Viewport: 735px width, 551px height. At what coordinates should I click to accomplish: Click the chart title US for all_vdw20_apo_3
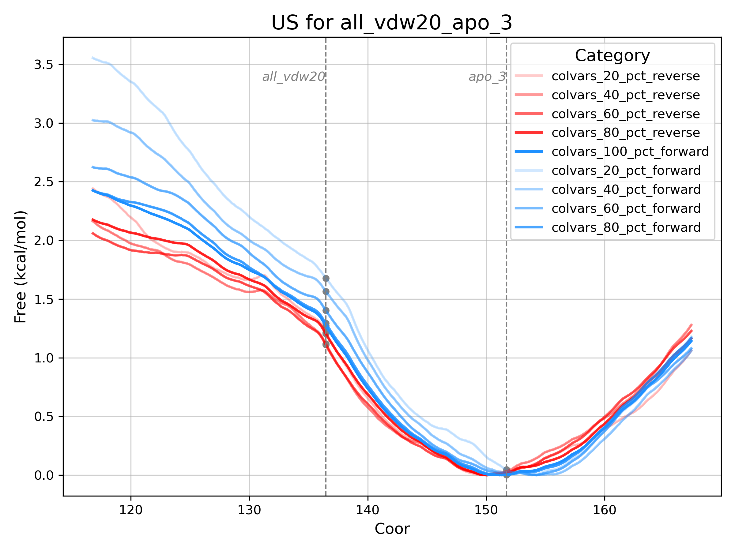[392, 23]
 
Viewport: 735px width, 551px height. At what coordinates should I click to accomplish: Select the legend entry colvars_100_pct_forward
[630, 152]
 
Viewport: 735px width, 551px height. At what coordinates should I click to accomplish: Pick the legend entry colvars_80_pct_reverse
[625, 133]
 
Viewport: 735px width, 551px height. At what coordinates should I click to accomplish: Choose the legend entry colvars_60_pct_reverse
[625, 114]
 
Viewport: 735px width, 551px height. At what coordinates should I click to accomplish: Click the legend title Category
[612, 55]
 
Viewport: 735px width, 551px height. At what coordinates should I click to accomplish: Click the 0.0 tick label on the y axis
[44, 475]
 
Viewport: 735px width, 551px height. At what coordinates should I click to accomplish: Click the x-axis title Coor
[392, 529]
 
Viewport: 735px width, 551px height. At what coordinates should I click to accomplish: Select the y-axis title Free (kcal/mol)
[20, 267]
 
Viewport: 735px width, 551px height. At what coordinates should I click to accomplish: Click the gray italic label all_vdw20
[293, 77]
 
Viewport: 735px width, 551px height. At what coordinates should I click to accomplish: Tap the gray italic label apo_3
[487, 77]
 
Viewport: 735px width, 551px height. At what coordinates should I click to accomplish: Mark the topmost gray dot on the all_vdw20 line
[326, 278]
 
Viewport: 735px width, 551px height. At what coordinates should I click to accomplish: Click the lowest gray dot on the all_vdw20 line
[326, 345]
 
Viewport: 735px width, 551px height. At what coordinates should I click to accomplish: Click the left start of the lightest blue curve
[93, 58]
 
